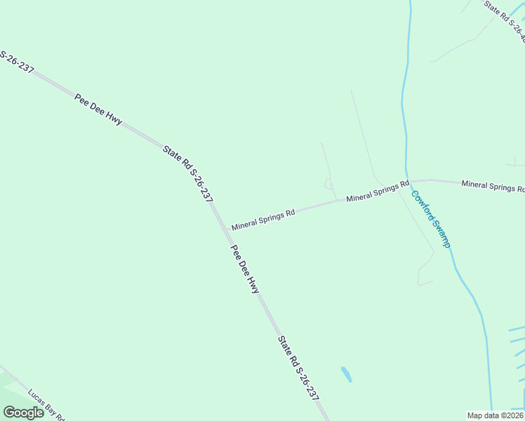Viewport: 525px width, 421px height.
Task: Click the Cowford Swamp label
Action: (430, 219)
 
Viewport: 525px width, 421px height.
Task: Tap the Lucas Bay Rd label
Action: (46, 405)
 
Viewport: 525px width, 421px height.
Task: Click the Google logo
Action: (23, 413)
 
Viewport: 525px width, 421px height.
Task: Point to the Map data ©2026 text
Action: (495, 415)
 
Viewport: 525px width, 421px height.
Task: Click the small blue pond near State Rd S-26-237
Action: (346, 374)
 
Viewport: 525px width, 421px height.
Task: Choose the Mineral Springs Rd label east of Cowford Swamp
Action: (493, 186)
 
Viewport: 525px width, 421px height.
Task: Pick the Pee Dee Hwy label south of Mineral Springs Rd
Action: (246, 269)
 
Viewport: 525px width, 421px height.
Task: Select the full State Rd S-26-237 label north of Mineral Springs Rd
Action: (187, 173)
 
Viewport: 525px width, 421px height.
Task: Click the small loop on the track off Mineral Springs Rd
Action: (328, 184)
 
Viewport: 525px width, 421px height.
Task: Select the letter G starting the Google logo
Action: (9, 413)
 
